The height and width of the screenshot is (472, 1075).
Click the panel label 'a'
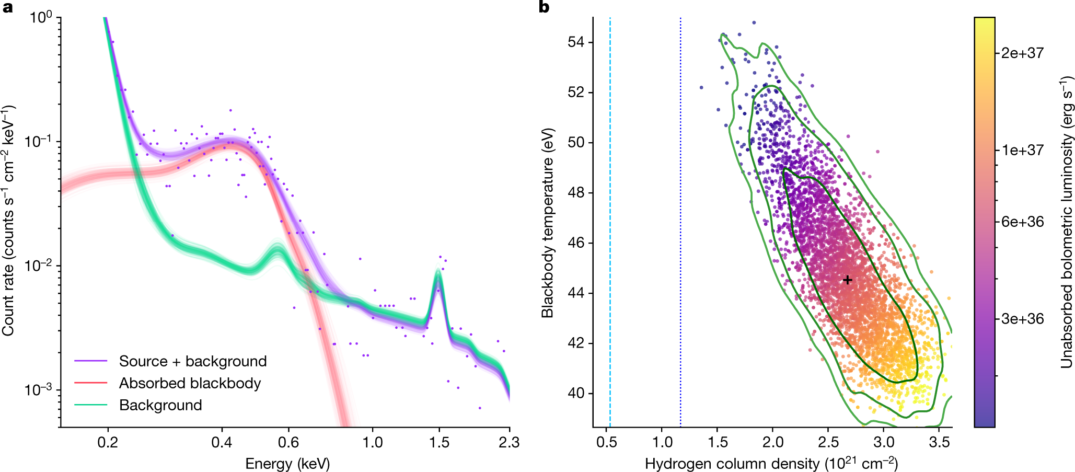point(7,7)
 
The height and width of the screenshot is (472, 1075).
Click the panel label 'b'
point(544,7)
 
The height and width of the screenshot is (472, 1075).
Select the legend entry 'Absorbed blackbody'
point(190,383)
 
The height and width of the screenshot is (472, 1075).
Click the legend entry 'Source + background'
point(193,361)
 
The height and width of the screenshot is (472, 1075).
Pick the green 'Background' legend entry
point(160,405)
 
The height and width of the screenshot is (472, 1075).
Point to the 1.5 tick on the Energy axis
point(439,443)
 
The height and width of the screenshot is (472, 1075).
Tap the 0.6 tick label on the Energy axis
point(288,443)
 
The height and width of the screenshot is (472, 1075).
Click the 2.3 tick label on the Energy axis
point(508,443)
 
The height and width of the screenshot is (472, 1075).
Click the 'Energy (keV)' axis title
point(287,464)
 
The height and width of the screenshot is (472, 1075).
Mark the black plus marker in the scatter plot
point(847,280)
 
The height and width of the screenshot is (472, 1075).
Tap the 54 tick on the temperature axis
point(576,42)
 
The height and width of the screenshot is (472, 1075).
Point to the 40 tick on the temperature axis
point(576,393)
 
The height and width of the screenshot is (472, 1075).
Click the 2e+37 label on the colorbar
point(1022,53)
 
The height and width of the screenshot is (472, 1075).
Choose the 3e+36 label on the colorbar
point(1022,319)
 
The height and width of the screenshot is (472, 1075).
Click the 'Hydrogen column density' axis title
point(771,464)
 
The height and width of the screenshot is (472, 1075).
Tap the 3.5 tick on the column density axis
point(939,443)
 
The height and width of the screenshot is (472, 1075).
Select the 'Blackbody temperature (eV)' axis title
point(547,223)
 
